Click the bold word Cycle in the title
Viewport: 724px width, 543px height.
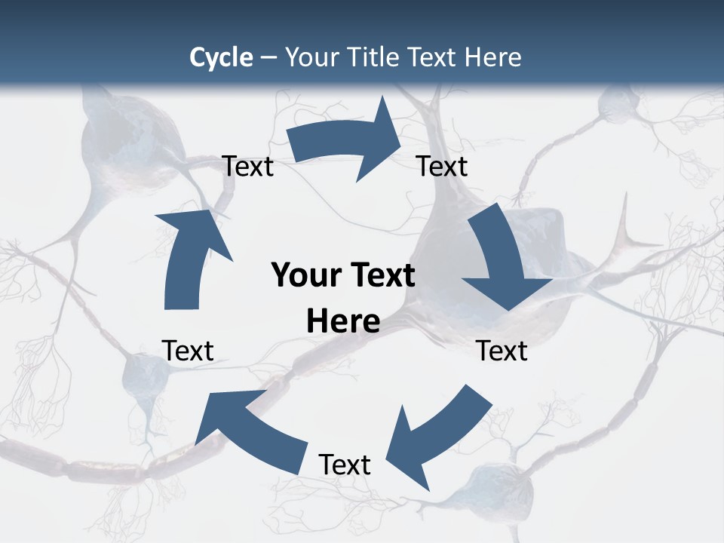221,57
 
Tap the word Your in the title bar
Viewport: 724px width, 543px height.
310,57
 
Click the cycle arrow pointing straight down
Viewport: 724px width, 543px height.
503,260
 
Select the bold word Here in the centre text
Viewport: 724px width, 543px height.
343,321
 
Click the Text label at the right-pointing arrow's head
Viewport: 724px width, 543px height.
442,166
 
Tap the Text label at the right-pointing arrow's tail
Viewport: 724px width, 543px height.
248,166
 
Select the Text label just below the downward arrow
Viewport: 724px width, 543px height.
502,351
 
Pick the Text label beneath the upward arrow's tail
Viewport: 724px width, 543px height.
188,351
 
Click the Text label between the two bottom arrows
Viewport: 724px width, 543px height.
345,465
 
